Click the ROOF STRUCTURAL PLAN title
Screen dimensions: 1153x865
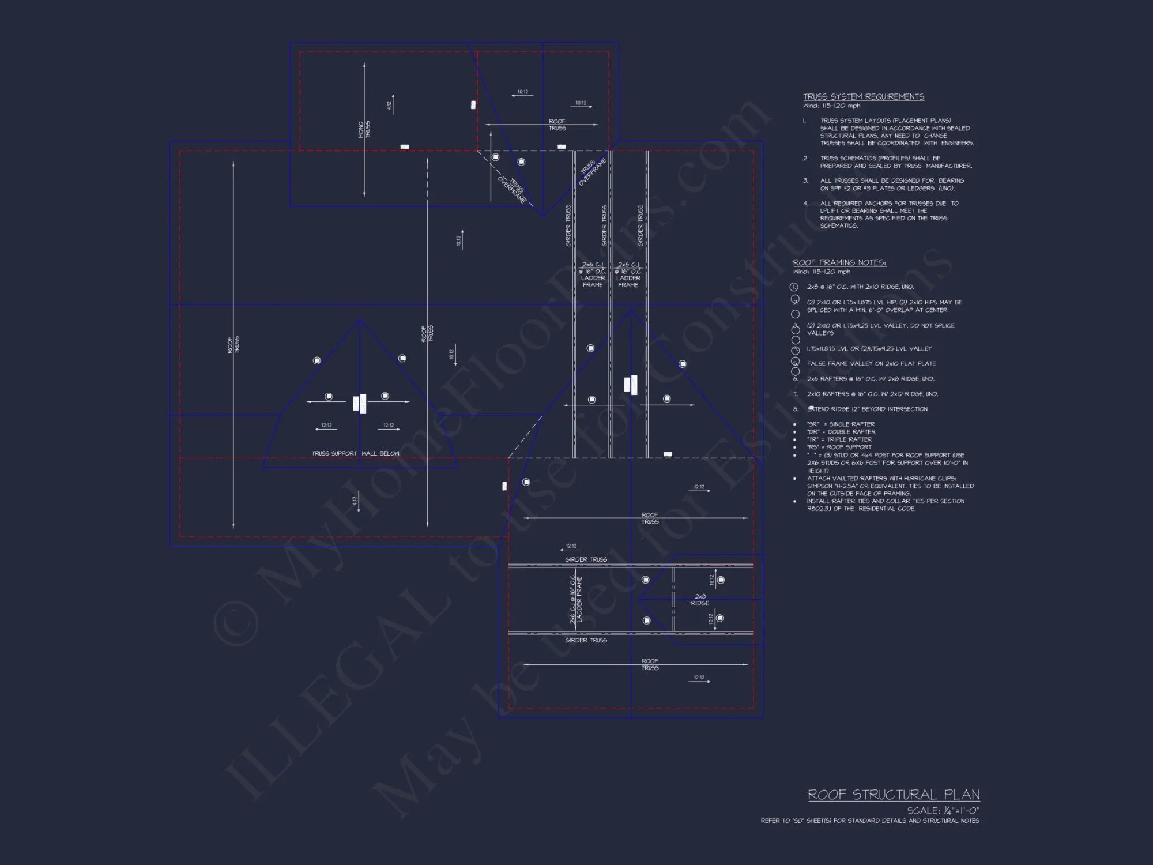[x=893, y=795]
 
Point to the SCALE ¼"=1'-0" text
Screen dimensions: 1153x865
[x=943, y=810]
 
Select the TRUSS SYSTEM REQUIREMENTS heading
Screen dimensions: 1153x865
[x=863, y=97]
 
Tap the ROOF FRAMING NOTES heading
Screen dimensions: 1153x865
[x=839, y=262]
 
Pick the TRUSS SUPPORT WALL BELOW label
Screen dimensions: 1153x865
[x=355, y=453]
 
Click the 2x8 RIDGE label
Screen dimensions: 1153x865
[x=700, y=600]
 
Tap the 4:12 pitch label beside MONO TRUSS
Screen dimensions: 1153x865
[x=389, y=106]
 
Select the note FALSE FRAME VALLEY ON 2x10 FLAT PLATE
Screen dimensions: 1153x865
[x=871, y=364]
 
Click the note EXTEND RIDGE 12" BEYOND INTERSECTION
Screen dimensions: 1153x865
[x=867, y=409]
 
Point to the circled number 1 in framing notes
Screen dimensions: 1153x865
[x=794, y=287]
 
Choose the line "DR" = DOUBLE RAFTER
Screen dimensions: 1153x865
[x=841, y=432]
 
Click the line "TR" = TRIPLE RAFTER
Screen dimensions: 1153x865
[x=839, y=439]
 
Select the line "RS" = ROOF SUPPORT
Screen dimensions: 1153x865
[x=839, y=447]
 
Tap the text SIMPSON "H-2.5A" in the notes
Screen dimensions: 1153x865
[x=830, y=486]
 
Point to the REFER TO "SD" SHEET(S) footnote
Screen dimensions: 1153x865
[x=869, y=821]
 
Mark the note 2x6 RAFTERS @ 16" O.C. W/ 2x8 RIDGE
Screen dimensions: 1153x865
[x=871, y=379]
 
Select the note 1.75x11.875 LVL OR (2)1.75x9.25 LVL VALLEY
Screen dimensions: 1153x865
[x=869, y=349]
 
